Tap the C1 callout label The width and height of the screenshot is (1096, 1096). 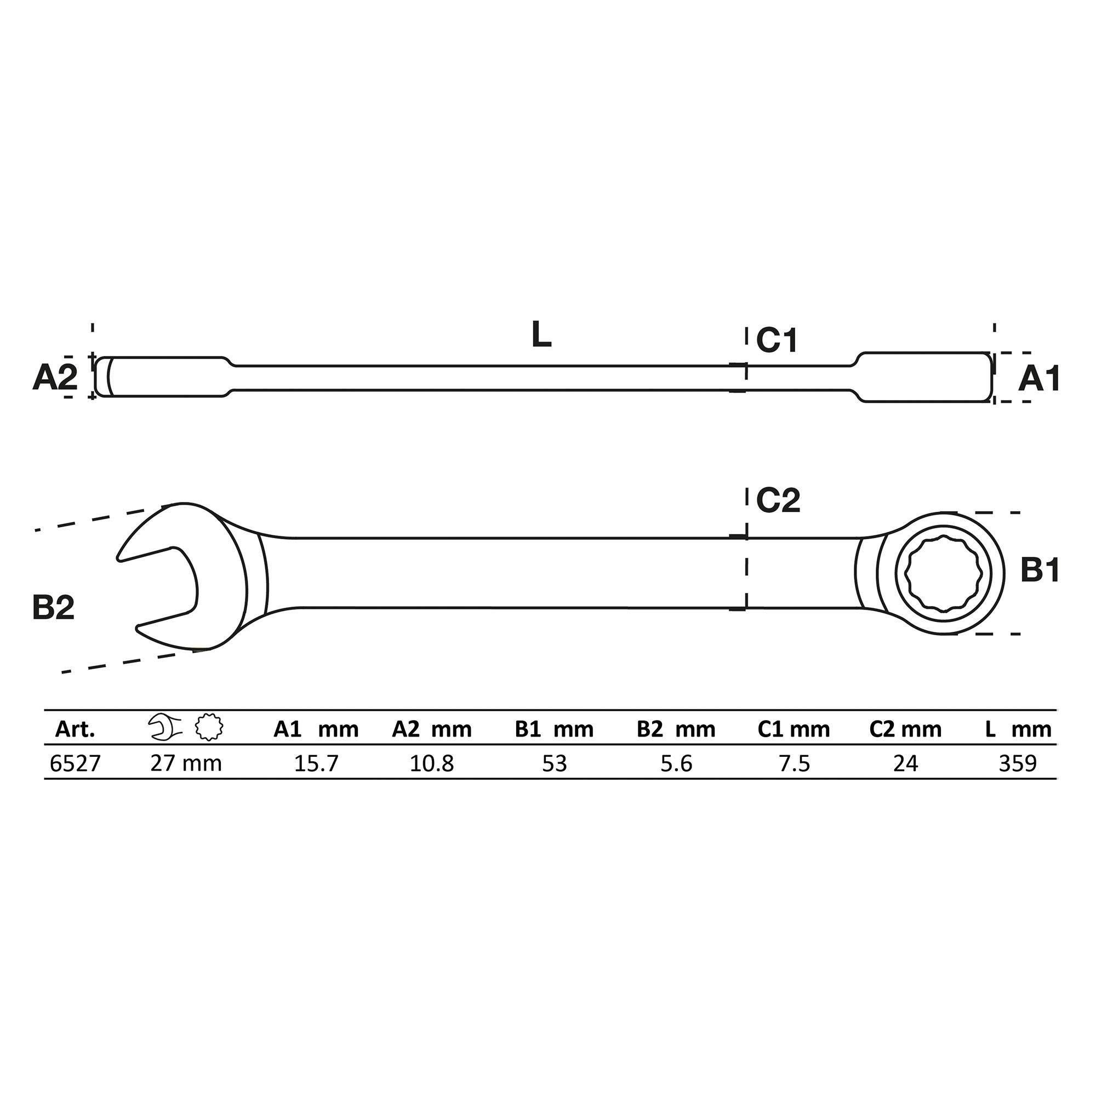[777, 340]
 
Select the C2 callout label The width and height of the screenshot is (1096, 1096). [778, 500]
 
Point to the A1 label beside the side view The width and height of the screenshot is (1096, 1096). [1039, 379]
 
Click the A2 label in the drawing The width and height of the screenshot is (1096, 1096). [54, 378]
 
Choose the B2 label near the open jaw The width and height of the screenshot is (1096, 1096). [53, 608]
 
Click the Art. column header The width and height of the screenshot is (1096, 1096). [75, 729]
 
